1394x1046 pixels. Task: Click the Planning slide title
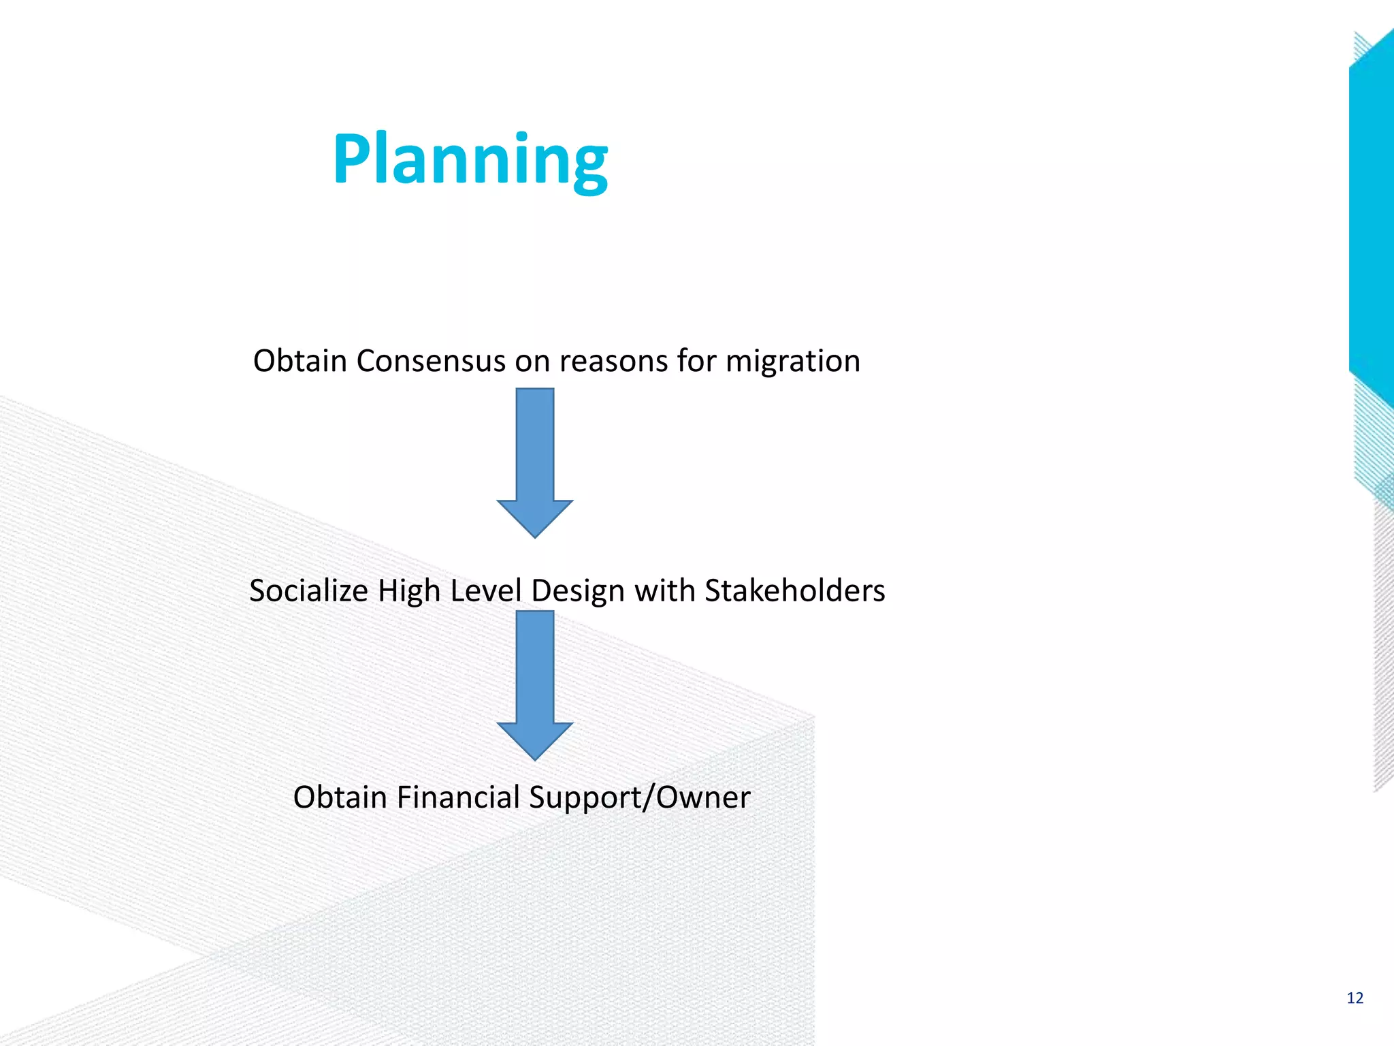tap(470, 160)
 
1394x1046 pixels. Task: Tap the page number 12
tap(1355, 998)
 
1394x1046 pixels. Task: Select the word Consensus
tap(430, 361)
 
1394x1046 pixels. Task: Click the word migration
tap(792, 361)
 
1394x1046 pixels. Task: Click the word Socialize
tap(308, 590)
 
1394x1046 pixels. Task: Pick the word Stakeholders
tap(794, 590)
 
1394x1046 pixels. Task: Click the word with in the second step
tap(664, 590)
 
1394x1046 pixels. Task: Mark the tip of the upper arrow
tap(535, 536)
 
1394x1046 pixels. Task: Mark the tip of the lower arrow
tap(535, 758)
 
